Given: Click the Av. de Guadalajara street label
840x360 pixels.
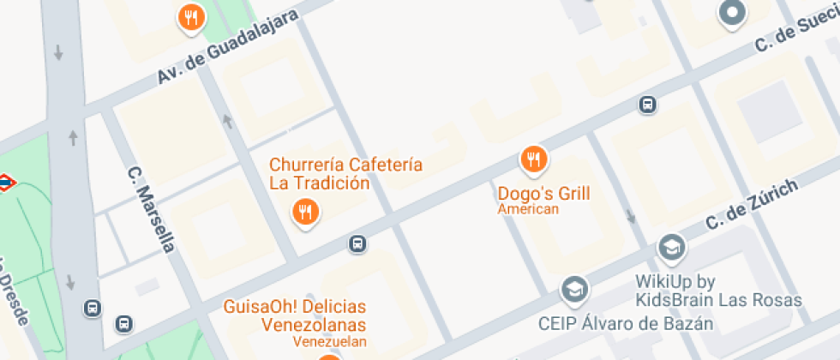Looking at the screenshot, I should point(227,47).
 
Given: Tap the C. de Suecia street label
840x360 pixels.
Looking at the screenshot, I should point(797,33).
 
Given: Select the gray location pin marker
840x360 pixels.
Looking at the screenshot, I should point(733,13).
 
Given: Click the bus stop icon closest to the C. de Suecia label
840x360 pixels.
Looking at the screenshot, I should point(648,105).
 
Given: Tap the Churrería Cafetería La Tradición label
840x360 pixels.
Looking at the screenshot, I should point(345,173).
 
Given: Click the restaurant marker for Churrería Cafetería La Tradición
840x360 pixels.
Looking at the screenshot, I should point(305,210).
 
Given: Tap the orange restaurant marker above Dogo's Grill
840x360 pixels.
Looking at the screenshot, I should point(534,158).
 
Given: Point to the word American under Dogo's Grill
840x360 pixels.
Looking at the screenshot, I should point(528,209).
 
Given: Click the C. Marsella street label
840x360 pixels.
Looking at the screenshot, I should point(151,209).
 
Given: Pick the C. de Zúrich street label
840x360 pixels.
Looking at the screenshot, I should point(753,205).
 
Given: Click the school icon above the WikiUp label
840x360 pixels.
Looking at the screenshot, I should point(672,248).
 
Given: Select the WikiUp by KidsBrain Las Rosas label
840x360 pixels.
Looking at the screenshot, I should point(718,291).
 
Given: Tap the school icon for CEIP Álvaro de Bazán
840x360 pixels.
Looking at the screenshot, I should point(574,289).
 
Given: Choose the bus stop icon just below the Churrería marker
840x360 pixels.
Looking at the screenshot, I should point(357,244).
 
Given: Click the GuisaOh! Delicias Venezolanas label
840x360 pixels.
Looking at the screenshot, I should point(295,315).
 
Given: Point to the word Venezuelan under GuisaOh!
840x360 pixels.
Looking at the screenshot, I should point(330,342).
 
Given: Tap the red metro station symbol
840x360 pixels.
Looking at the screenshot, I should point(5,182).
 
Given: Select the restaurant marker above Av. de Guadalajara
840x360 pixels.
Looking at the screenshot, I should point(191,16).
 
